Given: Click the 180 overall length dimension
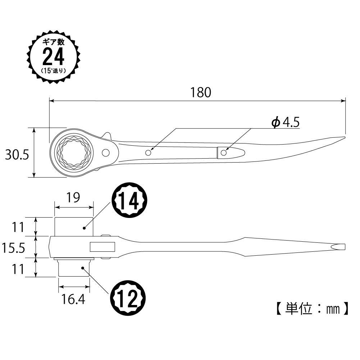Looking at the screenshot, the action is coord(200,92).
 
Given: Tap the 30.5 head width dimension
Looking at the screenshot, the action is coord(17,155).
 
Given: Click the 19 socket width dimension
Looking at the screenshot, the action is coord(73,197).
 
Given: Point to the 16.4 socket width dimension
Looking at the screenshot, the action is coord(73,299).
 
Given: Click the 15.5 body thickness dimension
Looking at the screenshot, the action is coord(13,248).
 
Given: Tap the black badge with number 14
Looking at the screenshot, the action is coord(129,200).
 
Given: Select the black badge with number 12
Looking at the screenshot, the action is coord(128,297).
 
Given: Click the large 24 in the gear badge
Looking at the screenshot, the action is coord(53,57).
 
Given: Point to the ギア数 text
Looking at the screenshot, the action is coord(54,42).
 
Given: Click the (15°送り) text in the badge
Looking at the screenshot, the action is coord(54,70).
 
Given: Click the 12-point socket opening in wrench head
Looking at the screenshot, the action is coord(74,153).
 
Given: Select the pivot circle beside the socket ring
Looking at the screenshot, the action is coord(106,153).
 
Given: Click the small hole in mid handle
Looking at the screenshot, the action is coord(148,153).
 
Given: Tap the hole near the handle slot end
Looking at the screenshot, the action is coord(223,153).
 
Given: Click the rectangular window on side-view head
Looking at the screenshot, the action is coord(102,247).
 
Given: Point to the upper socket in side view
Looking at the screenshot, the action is coord(74,227).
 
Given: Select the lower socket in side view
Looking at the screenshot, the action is coord(74,268).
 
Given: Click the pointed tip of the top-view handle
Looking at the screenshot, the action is coord(345,137).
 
